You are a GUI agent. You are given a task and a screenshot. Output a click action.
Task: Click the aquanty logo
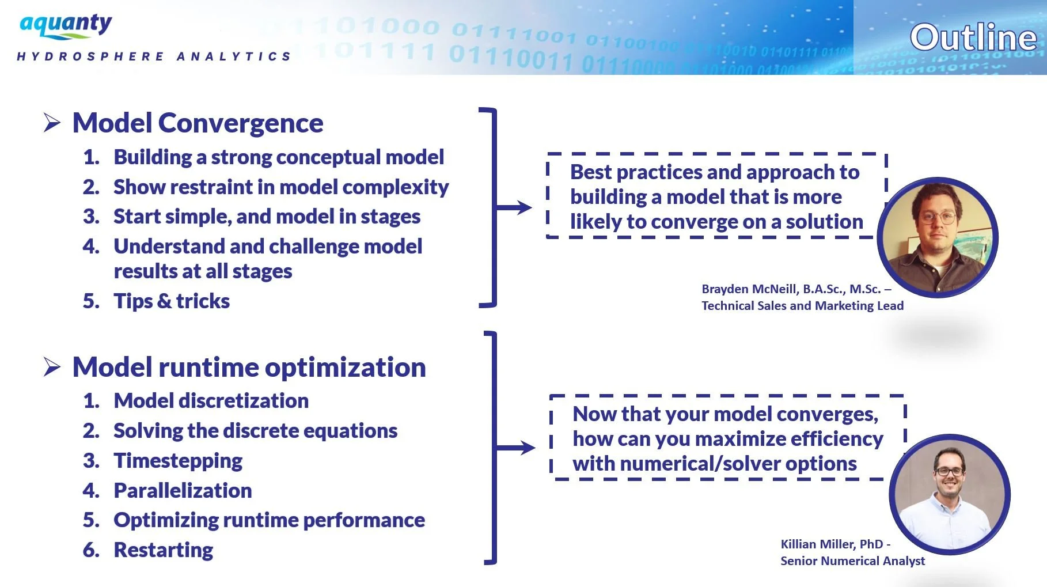click(66, 26)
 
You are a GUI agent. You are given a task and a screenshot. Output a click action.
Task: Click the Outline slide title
click(973, 38)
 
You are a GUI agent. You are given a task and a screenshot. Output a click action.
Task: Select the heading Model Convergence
click(198, 123)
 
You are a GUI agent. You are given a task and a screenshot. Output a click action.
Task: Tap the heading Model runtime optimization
click(249, 368)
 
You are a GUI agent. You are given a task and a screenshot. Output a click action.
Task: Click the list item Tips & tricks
click(171, 301)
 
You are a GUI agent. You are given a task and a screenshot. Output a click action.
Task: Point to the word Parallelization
click(183, 491)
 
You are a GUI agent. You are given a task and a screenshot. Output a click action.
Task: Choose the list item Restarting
click(163, 550)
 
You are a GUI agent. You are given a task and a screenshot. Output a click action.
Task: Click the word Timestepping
click(178, 461)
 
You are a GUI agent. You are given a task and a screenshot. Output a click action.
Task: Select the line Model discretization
click(211, 401)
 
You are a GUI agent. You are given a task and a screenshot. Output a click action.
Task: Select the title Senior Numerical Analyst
click(852, 561)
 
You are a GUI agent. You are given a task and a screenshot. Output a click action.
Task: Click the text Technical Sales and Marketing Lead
click(802, 306)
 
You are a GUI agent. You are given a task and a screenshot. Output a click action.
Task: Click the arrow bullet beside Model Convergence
click(52, 123)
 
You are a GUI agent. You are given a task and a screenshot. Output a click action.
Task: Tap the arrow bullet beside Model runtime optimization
click(52, 367)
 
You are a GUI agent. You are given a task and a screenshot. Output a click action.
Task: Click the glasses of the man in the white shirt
click(949, 471)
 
